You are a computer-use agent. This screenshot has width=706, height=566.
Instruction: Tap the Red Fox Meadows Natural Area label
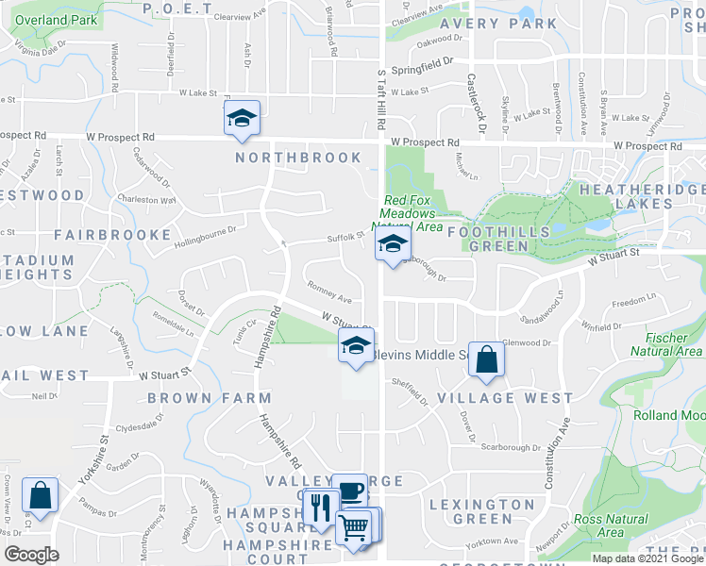click(412, 213)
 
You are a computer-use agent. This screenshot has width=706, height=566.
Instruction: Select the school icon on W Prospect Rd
click(242, 118)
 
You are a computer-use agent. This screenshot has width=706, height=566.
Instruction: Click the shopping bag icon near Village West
click(485, 359)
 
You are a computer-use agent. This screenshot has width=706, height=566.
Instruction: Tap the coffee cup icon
click(349, 491)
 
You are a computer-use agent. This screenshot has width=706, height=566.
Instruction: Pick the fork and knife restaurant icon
click(322, 507)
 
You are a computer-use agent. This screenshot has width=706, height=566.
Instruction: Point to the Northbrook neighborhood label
click(298, 158)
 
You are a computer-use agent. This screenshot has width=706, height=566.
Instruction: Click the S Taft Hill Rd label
click(381, 98)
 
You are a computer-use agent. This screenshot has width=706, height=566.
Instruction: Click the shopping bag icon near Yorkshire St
click(40, 494)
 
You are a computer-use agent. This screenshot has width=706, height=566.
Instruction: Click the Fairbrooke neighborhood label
click(112, 234)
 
